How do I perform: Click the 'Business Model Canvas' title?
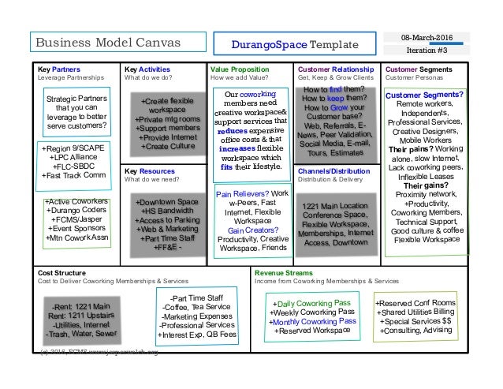[106, 42]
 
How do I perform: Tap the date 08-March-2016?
[427, 36]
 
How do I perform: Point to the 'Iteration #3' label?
[427, 50]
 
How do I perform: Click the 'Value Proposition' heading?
[240, 69]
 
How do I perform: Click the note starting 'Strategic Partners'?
[76, 112]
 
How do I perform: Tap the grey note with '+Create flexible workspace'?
[166, 124]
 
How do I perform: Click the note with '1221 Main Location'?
[337, 224]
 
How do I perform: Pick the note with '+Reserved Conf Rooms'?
[415, 312]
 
